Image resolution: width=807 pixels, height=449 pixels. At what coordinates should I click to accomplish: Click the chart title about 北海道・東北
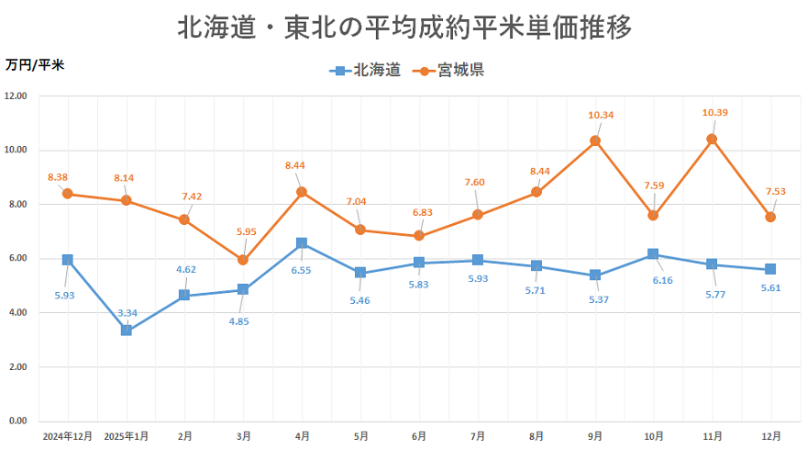(404, 28)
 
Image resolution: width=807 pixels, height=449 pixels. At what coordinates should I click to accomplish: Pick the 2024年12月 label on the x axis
(67, 435)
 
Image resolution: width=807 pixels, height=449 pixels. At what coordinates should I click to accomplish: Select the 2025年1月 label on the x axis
(127, 435)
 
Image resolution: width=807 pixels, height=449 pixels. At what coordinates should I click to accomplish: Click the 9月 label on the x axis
(595, 435)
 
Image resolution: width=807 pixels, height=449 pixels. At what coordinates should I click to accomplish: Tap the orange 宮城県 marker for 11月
(712, 139)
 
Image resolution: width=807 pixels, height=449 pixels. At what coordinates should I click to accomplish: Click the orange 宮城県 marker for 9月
(595, 140)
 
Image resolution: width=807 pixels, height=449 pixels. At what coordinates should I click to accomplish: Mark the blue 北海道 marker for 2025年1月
(127, 331)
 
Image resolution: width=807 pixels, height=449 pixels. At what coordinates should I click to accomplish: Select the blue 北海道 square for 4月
(302, 243)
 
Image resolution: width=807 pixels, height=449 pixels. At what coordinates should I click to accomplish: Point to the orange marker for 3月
(243, 260)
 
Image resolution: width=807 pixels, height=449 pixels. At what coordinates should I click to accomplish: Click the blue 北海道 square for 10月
(653, 253)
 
